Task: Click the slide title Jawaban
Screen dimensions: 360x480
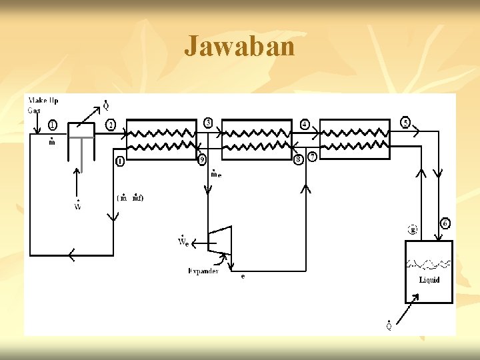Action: tap(239, 47)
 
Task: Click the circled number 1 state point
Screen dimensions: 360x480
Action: tap(53, 125)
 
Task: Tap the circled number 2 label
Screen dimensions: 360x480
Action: tap(111, 125)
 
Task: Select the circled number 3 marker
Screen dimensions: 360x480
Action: tap(208, 123)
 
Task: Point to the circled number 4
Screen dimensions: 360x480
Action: tap(305, 124)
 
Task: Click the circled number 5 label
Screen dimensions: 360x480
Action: tap(405, 123)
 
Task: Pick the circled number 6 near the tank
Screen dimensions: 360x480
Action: tap(445, 223)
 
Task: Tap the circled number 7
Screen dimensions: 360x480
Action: tap(312, 156)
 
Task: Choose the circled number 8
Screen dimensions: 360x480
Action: tap(298, 159)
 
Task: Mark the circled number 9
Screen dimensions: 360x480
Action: tap(202, 159)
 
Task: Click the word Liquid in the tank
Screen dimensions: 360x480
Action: tap(429, 280)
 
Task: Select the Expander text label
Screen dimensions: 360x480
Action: tap(204, 271)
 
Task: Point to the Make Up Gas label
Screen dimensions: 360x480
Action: tap(43, 105)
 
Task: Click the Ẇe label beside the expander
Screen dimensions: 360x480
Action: tap(183, 240)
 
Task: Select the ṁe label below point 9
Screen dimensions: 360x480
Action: tap(216, 174)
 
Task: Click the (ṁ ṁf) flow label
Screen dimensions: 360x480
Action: tap(130, 197)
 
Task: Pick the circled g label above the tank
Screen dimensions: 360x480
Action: tap(413, 229)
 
